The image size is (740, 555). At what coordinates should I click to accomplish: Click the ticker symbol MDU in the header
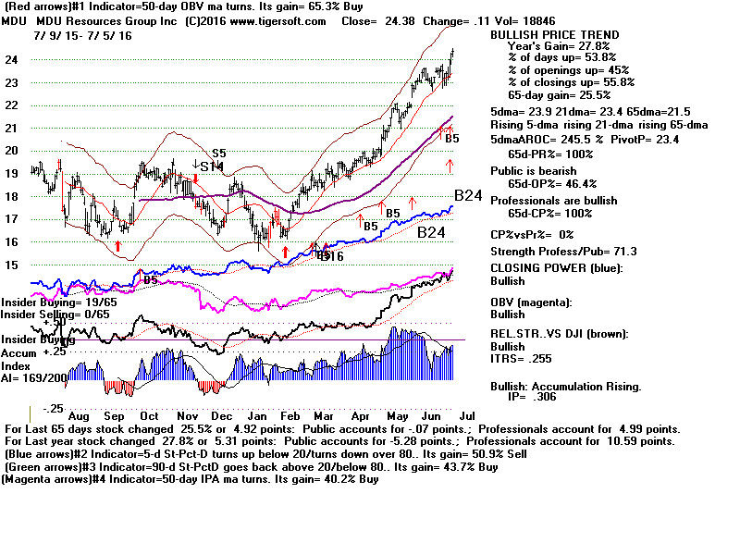pos(16,19)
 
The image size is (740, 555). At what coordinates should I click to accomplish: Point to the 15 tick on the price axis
pos(13,265)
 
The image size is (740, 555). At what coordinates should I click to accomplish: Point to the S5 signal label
pos(219,154)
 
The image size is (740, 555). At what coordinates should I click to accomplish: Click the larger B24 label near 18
pos(468,196)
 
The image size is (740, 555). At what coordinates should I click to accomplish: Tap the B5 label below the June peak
pos(452,139)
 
